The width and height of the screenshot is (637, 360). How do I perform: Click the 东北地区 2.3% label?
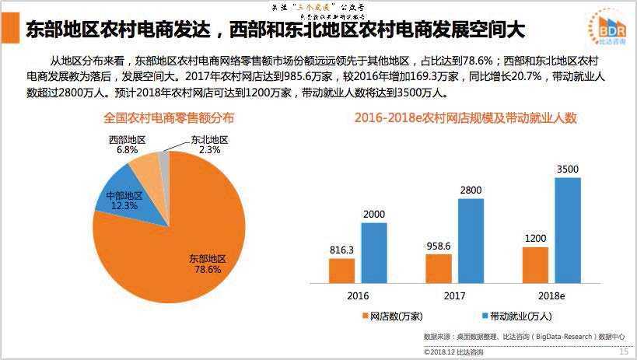[208, 144]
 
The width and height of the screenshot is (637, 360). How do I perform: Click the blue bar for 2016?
[373, 251]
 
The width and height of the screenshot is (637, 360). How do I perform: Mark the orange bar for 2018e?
[535, 264]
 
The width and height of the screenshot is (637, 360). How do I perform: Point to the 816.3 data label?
[341, 250]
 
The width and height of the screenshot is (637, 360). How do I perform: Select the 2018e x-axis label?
[551, 296]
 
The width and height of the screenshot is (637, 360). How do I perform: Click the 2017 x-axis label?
[454, 296]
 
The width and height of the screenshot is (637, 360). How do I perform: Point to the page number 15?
[623, 351]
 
